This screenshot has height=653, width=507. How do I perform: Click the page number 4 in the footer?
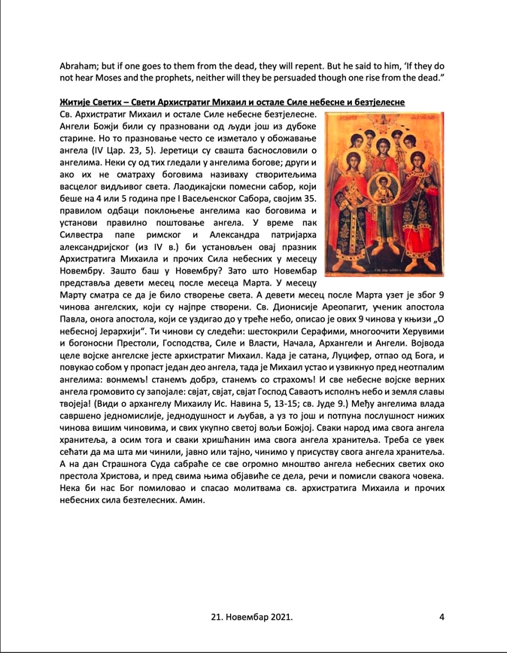[x=442, y=618]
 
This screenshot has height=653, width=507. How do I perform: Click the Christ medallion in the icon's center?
[x=386, y=185]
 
